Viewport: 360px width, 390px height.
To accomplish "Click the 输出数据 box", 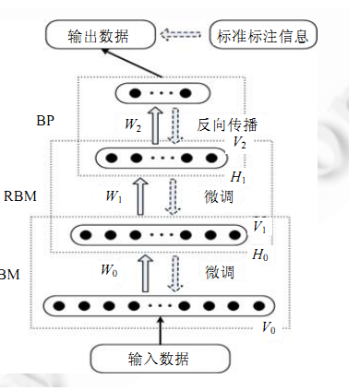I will coord(101,36).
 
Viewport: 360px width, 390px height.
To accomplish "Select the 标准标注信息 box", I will coord(265,36).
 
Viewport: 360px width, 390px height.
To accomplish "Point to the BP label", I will coord(43,120).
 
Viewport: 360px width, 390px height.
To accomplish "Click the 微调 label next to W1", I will coord(220,196).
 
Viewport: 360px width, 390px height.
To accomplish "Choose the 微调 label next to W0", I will coord(220,272).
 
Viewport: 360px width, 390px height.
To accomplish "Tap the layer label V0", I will coord(270,328).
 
